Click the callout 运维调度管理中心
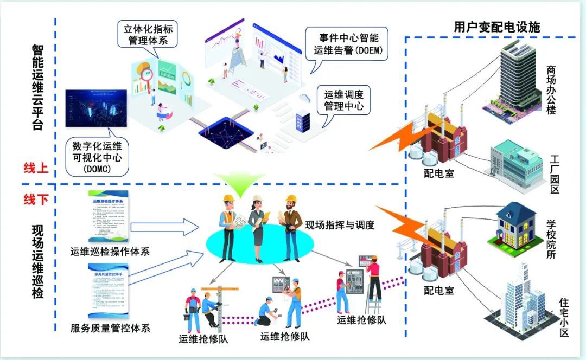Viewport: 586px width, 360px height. pyautogui.click(x=344, y=101)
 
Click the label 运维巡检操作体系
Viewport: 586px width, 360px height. pyautogui.click(x=110, y=251)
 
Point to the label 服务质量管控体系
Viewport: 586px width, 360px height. pyautogui.click(x=110, y=327)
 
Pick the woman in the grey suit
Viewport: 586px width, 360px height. pyautogui.click(x=256, y=222)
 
